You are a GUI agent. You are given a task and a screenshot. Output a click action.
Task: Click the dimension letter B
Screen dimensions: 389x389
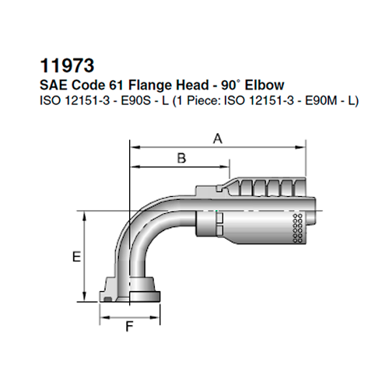click(181, 158)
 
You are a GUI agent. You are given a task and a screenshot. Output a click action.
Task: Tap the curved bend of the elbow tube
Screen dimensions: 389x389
click(140, 233)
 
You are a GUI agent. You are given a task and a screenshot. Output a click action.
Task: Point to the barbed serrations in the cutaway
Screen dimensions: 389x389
click(265, 187)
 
